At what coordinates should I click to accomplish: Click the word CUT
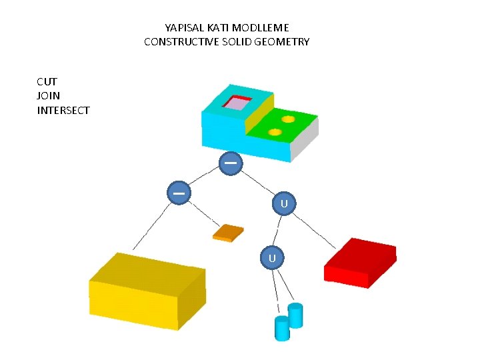[47, 82]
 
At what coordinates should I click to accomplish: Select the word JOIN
[48, 96]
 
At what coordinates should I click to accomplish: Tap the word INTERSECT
[63, 110]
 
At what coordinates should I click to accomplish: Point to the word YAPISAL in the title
[183, 28]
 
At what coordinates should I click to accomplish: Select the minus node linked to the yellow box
[179, 192]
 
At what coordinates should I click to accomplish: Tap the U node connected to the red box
[284, 202]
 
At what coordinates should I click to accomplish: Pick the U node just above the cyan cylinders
[272, 257]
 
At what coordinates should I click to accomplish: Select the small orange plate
[228, 232]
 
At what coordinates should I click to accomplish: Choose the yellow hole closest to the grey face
[288, 119]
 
